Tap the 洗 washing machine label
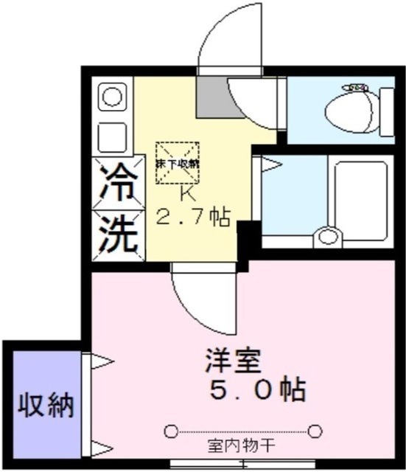click(117, 233)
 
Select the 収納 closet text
click(46, 404)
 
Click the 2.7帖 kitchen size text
click(192, 218)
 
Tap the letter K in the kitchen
click(186, 195)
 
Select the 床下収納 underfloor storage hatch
click(177, 164)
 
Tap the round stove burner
click(113, 97)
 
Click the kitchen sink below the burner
click(113, 134)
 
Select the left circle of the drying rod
click(171, 431)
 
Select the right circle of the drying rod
click(316, 431)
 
